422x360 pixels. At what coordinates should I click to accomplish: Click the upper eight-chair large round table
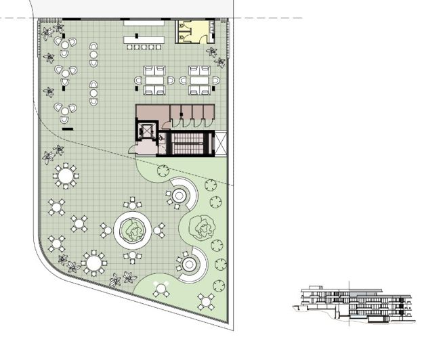(66, 176)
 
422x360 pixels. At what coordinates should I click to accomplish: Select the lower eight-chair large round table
(93, 261)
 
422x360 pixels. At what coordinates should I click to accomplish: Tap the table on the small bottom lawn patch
(161, 289)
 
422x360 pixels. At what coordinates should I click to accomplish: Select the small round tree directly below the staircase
(163, 171)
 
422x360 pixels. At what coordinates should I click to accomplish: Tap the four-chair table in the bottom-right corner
(206, 300)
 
